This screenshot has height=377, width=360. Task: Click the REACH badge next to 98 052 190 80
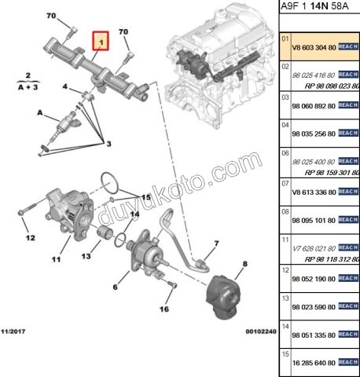point(347,279)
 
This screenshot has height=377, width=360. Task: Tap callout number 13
point(86,256)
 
